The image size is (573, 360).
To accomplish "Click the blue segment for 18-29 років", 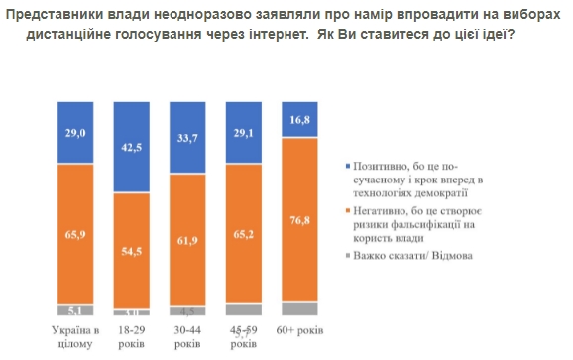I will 132,146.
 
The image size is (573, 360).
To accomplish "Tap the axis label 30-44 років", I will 188,336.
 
